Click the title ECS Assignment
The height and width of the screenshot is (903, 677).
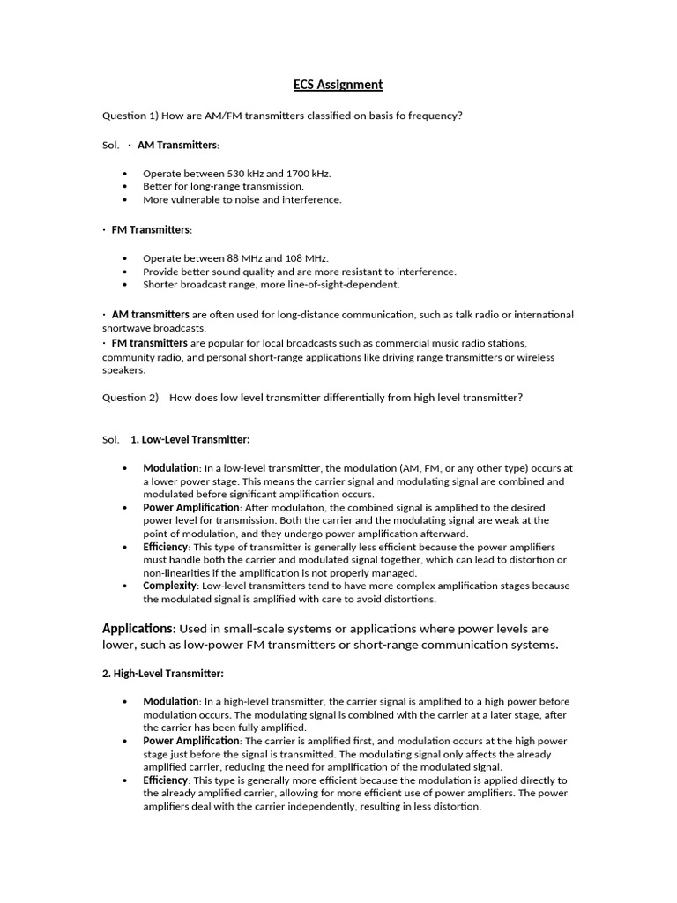pyautogui.click(x=338, y=85)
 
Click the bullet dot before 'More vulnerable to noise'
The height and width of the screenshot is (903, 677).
pyautogui.click(x=125, y=200)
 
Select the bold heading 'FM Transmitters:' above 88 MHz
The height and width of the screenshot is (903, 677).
pyautogui.click(x=151, y=229)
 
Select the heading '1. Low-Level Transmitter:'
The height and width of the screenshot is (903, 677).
pyautogui.click(x=190, y=439)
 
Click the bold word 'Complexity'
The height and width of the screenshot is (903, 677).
pyautogui.click(x=169, y=586)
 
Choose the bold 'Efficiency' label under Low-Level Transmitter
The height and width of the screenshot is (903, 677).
pyautogui.click(x=166, y=547)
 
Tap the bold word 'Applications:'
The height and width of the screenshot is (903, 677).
pyautogui.click(x=139, y=629)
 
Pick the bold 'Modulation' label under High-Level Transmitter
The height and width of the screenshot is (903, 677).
pyautogui.click(x=170, y=701)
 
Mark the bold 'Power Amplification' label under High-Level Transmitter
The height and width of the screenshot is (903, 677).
pyautogui.click(x=190, y=741)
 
